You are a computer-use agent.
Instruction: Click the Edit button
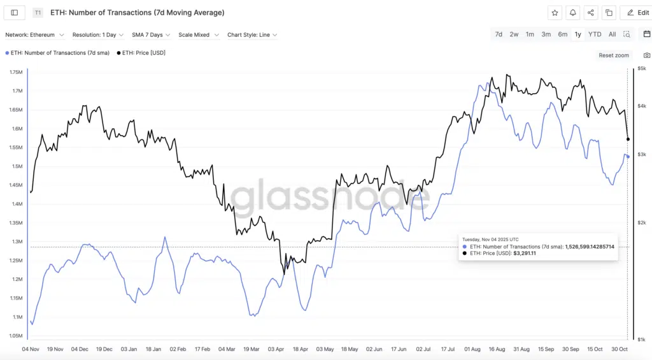635,13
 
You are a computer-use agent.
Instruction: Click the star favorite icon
555,13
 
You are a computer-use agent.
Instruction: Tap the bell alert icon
573,13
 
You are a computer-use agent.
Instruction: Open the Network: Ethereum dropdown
34,35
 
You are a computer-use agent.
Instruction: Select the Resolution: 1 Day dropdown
98,35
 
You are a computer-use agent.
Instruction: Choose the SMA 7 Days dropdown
151,35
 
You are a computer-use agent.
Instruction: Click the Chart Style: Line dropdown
252,35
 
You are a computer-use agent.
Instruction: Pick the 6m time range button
562,34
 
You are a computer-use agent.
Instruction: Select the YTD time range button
594,34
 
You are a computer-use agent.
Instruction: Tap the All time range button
612,34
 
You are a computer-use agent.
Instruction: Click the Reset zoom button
614,55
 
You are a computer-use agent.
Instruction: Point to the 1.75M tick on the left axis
16,72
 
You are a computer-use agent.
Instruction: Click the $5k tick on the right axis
642,68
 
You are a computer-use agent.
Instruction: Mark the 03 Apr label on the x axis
276,349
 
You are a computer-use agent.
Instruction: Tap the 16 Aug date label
497,349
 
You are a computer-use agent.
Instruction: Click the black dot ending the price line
628,139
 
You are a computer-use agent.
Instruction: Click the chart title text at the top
137,13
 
